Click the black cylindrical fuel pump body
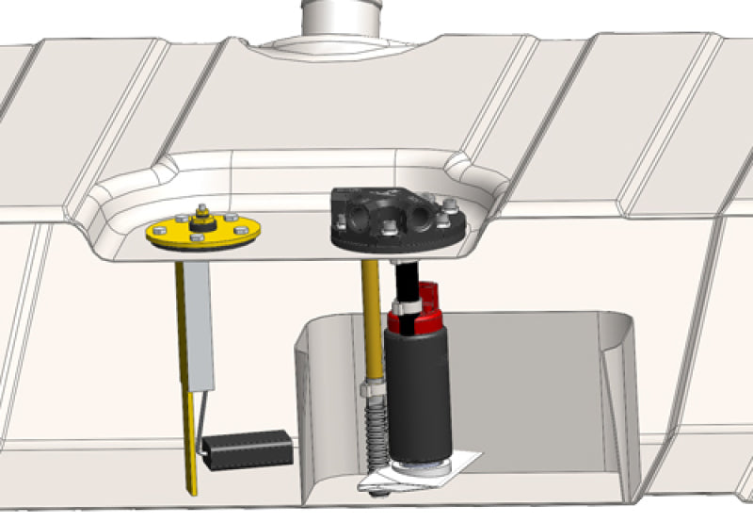click(x=419, y=396)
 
